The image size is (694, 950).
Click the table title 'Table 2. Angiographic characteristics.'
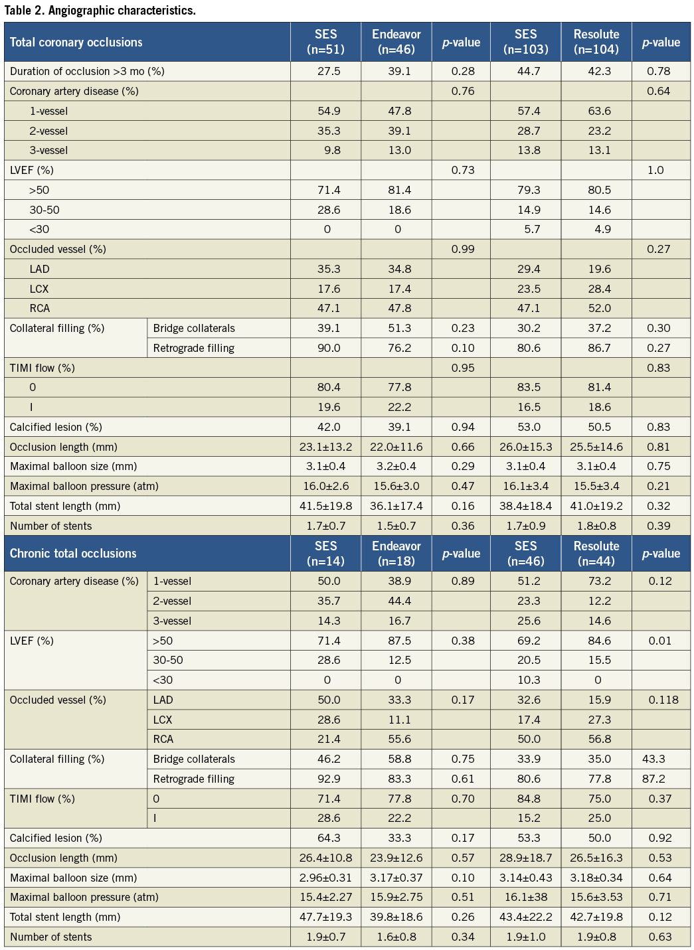tap(100, 10)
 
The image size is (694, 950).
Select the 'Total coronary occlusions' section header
tap(76, 42)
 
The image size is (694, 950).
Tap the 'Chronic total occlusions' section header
tap(73, 554)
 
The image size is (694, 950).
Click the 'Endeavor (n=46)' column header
tap(396, 42)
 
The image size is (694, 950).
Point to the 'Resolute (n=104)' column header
tap(596, 42)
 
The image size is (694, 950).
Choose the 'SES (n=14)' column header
tap(326, 554)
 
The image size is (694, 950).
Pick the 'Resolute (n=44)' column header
tap(596, 554)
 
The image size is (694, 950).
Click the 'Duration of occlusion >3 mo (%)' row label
tap(87, 72)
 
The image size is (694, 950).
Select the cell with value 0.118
tap(663, 700)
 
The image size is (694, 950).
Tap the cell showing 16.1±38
tap(525, 897)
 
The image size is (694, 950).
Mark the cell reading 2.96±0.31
tap(325, 878)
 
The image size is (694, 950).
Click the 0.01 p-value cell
tap(659, 641)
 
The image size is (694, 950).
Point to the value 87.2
tap(653, 779)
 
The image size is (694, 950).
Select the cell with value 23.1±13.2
tap(325, 447)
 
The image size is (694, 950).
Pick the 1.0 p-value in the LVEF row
tap(655, 170)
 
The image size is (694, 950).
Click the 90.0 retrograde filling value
tap(329, 348)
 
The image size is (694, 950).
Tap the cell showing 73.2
tap(599, 581)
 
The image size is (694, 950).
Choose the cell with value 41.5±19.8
tap(325, 506)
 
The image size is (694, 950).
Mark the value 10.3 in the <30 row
tap(529, 680)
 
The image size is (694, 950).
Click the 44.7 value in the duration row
tap(529, 72)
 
